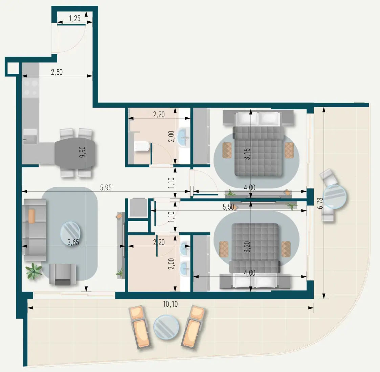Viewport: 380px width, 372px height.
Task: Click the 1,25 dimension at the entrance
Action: pos(75,18)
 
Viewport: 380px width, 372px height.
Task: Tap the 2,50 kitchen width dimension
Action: pos(57,72)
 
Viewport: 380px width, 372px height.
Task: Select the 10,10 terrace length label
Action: pos(170,304)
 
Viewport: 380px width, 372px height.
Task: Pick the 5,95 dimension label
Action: pos(106,188)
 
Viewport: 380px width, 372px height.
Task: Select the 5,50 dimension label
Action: pos(228,207)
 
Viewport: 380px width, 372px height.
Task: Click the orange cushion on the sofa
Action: pos(32,216)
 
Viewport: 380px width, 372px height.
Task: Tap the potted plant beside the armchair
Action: pos(33,271)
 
